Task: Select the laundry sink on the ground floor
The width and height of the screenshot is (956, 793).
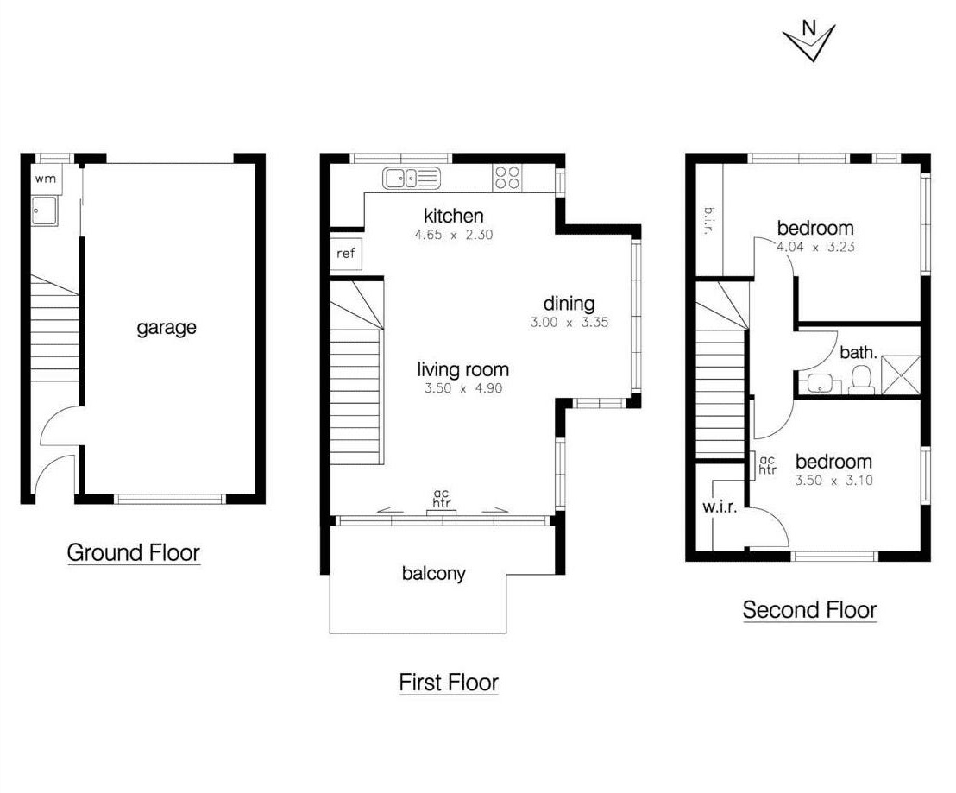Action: [x=44, y=211]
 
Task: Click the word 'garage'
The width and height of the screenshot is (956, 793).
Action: [x=167, y=328]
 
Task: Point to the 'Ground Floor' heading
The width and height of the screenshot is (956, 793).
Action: [x=133, y=552]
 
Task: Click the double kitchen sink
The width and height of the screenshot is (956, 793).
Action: [x=412, y=179]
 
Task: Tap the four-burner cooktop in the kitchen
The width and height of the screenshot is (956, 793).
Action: [x=506, y=178]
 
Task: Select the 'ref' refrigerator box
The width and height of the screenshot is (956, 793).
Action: [x=345, y=255]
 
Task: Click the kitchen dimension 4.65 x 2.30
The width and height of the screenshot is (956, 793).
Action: [x=453, y=235]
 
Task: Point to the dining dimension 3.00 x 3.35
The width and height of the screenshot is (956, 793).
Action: [x=569, y=323]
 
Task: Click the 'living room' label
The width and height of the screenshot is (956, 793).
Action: [x=463, y=370]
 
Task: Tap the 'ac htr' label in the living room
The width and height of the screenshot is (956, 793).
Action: [x=442, y=500]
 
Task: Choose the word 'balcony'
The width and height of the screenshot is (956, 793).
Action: [x=433, y=573]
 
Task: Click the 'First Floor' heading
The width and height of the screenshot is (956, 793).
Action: [x=449, y=683]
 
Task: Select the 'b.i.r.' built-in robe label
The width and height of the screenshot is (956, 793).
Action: [x=707, y=222]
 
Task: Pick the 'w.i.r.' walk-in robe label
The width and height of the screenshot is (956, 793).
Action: [x=720, y=507]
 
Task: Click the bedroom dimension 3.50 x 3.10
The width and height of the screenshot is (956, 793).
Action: [x=833, y=481]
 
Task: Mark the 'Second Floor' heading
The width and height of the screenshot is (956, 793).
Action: [x=809, y=610]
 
